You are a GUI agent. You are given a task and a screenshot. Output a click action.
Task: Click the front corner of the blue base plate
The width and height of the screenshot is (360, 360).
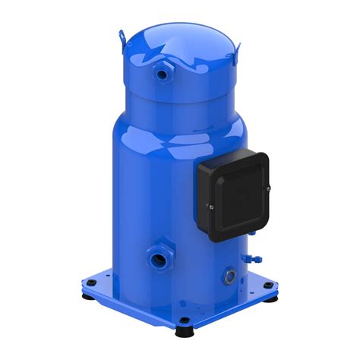point(183,323)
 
